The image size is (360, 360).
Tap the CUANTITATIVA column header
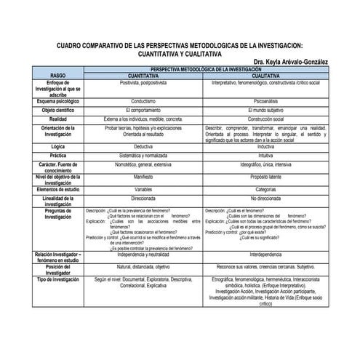tap(143, 75)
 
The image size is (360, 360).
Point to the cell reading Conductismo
tap(143, 101)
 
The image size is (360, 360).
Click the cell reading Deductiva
tap(143, 146)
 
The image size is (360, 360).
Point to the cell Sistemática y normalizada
tap(143, 155)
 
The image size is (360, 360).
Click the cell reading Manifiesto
tap(143, 176)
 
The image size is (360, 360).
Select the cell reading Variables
tap(143, 189)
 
